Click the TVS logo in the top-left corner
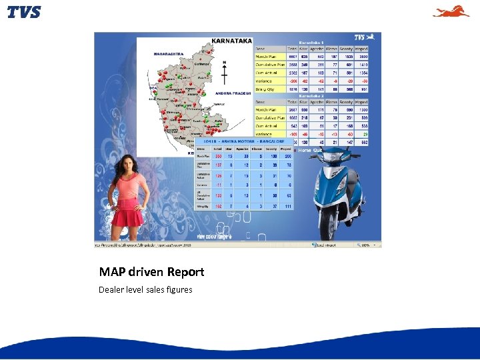(24, 12)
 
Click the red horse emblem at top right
(451, 11)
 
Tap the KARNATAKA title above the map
(231, 41)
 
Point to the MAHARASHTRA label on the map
(169, 53)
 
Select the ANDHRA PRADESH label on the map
(233, 93)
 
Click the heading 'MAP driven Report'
(151, 272)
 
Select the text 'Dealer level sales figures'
(145, 289)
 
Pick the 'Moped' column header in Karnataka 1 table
(361, 48)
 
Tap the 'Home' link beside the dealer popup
(305, 151)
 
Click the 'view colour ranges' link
(214, 236)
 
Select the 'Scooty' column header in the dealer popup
(271, 149)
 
